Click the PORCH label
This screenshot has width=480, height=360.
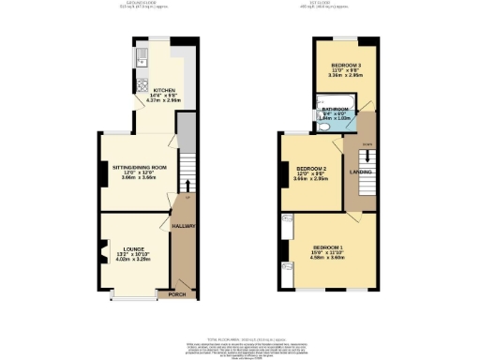click(176, 294)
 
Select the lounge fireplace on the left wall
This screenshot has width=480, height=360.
click(101, 254)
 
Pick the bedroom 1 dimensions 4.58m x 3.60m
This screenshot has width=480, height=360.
click(335, 259)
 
